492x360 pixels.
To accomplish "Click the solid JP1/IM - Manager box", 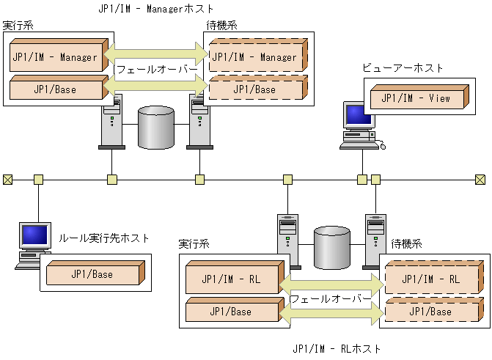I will (x=55, y=57).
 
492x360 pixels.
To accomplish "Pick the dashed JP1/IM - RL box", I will (x=433, y=279).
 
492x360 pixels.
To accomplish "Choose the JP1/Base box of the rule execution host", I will (x=92, y=274).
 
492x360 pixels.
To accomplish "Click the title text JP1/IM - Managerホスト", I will (x=156, y=9).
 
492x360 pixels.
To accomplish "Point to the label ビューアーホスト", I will (x=403, y=68).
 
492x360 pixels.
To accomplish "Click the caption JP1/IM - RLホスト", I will (x=337, y=348).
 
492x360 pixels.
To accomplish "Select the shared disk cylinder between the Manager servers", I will (x=156, y=126).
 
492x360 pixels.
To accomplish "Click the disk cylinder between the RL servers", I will (x=332, y=247).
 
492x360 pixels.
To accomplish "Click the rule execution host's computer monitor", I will (x=34, y=237).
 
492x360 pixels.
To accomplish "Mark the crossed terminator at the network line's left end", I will (x=7, y=179).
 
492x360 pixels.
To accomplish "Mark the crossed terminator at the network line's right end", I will (x=480, y=179).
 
